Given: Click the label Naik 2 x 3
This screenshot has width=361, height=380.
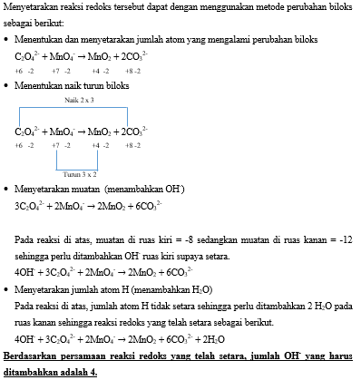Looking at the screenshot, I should [80, 100].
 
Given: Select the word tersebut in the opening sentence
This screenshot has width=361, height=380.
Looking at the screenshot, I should [132, 6].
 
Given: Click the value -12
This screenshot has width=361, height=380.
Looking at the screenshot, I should [348, 239].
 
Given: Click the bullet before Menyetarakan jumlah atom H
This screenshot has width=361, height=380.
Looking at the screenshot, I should [7, 289].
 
